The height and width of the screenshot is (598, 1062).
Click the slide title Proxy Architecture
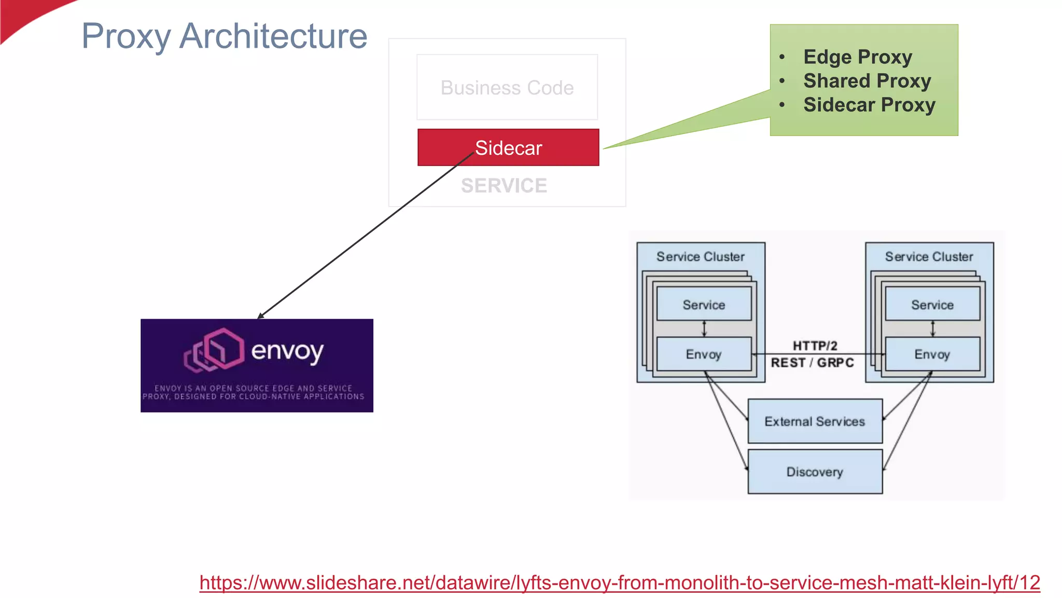coord(224,36)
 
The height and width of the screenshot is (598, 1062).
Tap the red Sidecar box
coord(508,148)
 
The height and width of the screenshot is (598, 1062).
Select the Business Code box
coord(507,87)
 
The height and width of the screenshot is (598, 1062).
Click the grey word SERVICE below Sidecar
coord(504,186)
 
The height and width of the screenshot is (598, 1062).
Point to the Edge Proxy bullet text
coord(858,57)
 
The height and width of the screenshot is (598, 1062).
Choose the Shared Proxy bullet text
coord(867,81)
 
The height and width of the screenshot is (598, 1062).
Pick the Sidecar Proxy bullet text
coord(869,105)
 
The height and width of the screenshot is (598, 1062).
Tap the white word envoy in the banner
coord(287,351)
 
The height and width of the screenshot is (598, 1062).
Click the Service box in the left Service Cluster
coord(704,304)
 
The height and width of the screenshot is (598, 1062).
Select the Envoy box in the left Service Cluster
coord(704,354)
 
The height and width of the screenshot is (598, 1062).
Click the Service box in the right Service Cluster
coord(932,304)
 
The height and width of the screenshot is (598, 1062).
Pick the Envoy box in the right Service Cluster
coord(932,354)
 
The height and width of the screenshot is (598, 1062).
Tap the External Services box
coord(815,421)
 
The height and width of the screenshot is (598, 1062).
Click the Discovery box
coord(815,471)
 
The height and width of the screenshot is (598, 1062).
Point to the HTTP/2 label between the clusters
coord(815,345)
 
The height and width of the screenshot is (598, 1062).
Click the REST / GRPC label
coord(812,362)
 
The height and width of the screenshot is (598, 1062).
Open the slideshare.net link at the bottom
coord(620,582)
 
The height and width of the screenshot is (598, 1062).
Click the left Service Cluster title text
coord(700,256)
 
